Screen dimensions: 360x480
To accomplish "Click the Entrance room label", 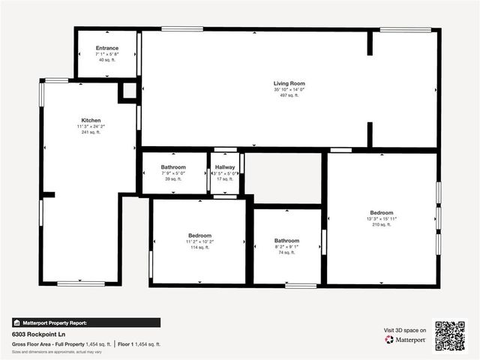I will click(x=106, y=48).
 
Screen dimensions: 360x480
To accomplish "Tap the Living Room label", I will click(x=289, y=83).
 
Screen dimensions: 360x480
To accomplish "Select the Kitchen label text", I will click(x=91, y=120).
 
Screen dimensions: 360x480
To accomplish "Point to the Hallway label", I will click(x=225, y=167).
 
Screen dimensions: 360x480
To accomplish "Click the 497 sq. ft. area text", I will click(x=289, y=96).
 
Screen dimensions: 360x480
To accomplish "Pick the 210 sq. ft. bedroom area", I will click(x=381, y=225).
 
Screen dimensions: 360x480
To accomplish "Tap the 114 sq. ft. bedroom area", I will click(x=199, y=247).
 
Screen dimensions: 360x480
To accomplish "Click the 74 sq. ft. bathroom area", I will click(x=286, y=253).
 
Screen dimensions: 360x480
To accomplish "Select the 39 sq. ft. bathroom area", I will click(x=173, y=179).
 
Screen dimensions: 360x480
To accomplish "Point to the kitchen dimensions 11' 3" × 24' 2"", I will click(x=91, y=127).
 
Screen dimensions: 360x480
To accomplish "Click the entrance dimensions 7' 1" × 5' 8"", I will click(x=106, y=55).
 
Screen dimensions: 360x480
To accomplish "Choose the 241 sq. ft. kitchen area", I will click(x=91, y=133).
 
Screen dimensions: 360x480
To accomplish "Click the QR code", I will click(x=450, y=336).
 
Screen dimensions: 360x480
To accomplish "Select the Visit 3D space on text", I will click(x=405, y=330).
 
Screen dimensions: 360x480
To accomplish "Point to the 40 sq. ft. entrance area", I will click(x=106, y=61).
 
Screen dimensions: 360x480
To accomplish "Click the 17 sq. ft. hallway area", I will click(x=225, y=179).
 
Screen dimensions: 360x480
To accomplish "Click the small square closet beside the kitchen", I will click(x=129, y=91).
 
